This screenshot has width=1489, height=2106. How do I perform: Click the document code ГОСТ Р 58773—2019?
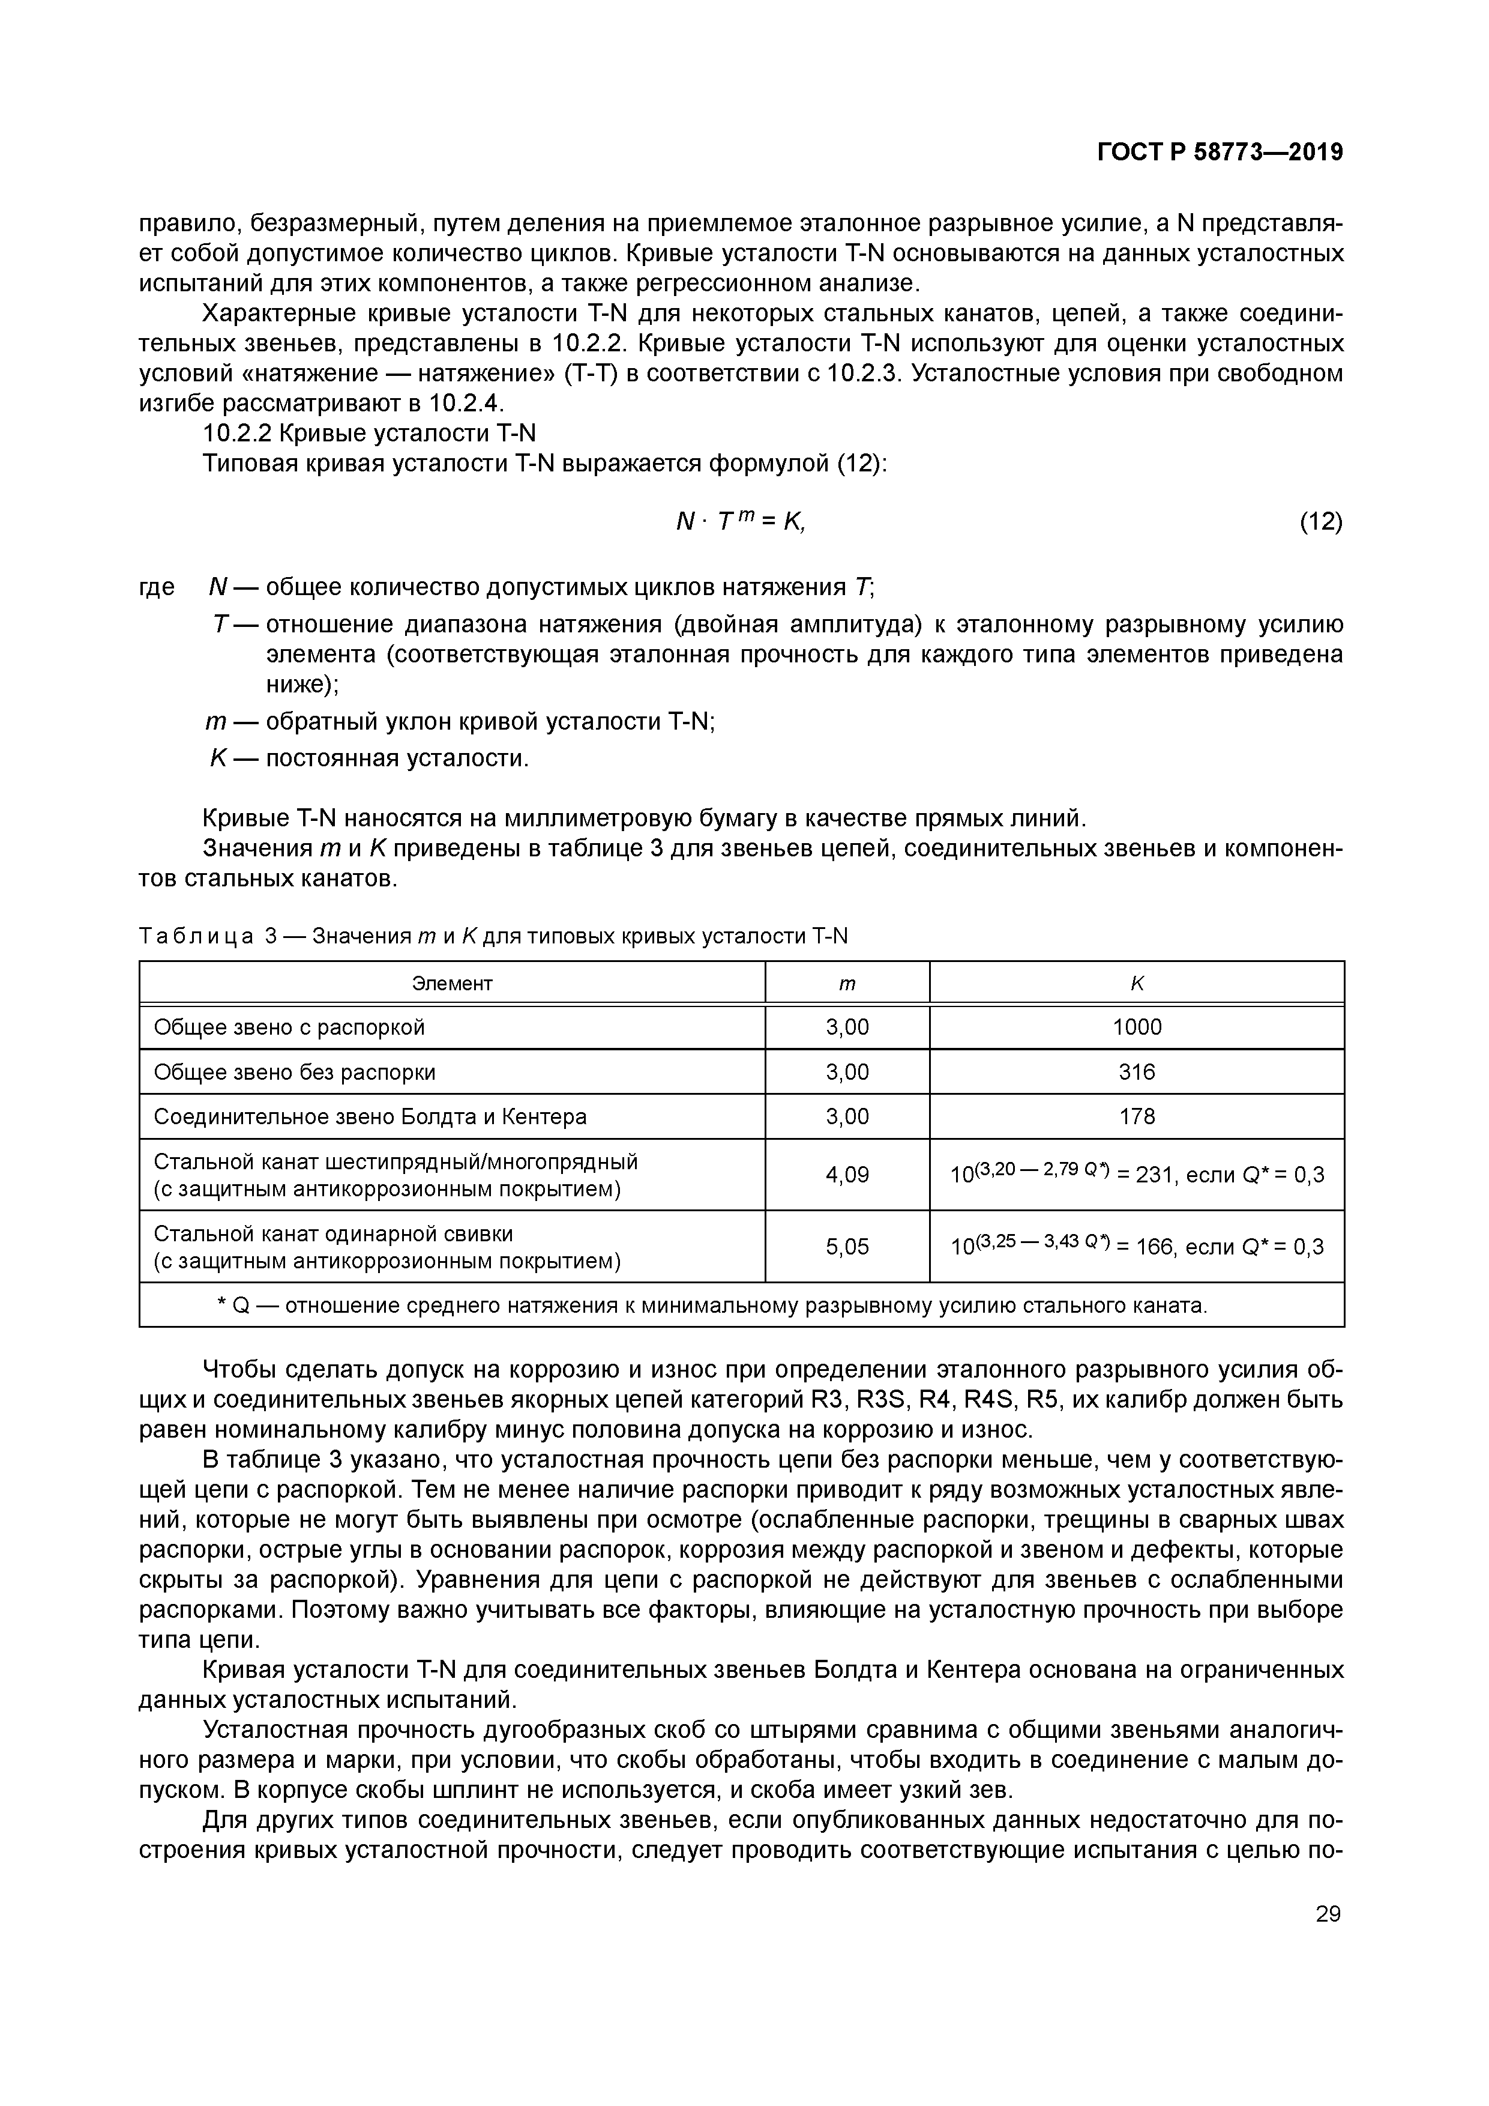[1220, 153]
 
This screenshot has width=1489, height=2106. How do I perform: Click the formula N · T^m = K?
[740, 522]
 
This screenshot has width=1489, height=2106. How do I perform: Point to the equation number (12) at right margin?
[1320, 522]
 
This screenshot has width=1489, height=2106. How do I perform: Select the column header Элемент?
[452, 983]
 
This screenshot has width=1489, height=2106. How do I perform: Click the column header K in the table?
[1136, 983]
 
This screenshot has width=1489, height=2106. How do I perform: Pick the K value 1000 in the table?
[1136, 1027]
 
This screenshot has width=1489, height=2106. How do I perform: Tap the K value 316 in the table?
[1136, 1073]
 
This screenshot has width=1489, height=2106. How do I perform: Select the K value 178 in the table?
[1136, 1117]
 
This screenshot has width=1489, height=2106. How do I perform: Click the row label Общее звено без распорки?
[294, 1073]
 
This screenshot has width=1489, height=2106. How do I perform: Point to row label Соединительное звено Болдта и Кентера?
[370, 1117]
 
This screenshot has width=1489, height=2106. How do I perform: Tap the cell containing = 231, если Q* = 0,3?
[1137, 1175]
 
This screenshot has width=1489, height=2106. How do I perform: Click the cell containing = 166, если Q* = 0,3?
[1137, 1247]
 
